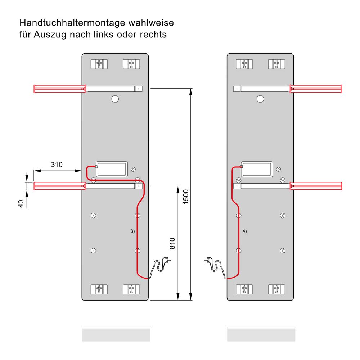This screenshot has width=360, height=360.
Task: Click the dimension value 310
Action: click(x=57, y=165)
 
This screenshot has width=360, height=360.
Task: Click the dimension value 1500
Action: click(x=186, y=196)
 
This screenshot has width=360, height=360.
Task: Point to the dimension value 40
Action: click(x=21, y=203)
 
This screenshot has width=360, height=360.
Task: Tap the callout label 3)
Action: click(x=132, y=231)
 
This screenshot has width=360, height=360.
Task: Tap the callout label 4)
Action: click(x=245, y=231)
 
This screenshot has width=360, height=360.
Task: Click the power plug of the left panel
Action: click(x=166, y=260)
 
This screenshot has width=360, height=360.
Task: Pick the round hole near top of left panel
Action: click(x=115, y=99)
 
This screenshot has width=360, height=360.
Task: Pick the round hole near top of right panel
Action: click(x=260, y=99)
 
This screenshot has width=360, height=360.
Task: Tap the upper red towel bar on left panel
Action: click(x=59, y=88)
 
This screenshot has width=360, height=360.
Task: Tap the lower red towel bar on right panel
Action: click(x=316, y=186)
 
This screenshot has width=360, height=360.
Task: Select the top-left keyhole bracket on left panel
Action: click(x=99, y=64)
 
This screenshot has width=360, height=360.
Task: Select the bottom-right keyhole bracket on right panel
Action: click(x=276, y=289)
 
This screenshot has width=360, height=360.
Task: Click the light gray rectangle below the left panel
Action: click(x=116, y=335)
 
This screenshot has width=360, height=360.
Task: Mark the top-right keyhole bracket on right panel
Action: click(x=276, y=64)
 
